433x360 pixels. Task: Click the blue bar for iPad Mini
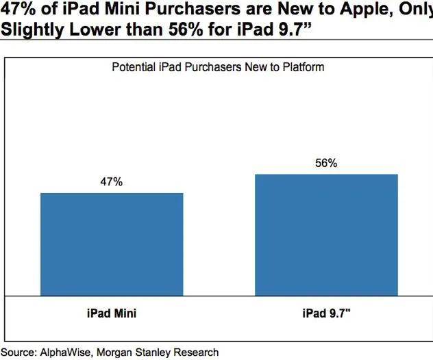(112, 244)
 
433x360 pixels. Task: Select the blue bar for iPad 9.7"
(326, 235)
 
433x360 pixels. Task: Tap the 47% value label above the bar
(112, 183)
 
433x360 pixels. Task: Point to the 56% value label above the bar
(326, 164)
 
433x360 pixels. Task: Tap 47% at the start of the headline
(18, 9)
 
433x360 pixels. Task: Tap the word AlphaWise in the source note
(69, 352)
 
